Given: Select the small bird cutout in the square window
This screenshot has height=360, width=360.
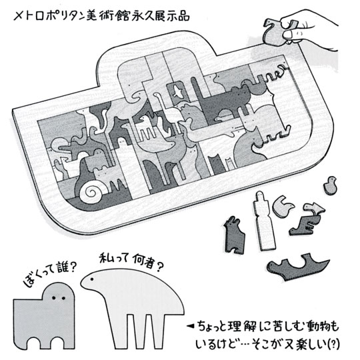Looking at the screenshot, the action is pos(177,92).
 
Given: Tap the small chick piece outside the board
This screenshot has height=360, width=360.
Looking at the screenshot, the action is pos(330,185).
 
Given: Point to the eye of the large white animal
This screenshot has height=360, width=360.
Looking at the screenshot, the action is pos(92,279).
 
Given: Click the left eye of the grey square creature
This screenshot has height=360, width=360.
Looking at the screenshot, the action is pos(54,298).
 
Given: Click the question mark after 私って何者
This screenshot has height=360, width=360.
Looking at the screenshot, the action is pos(160,266).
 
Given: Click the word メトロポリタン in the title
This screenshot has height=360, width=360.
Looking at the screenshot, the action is pos(49,15).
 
